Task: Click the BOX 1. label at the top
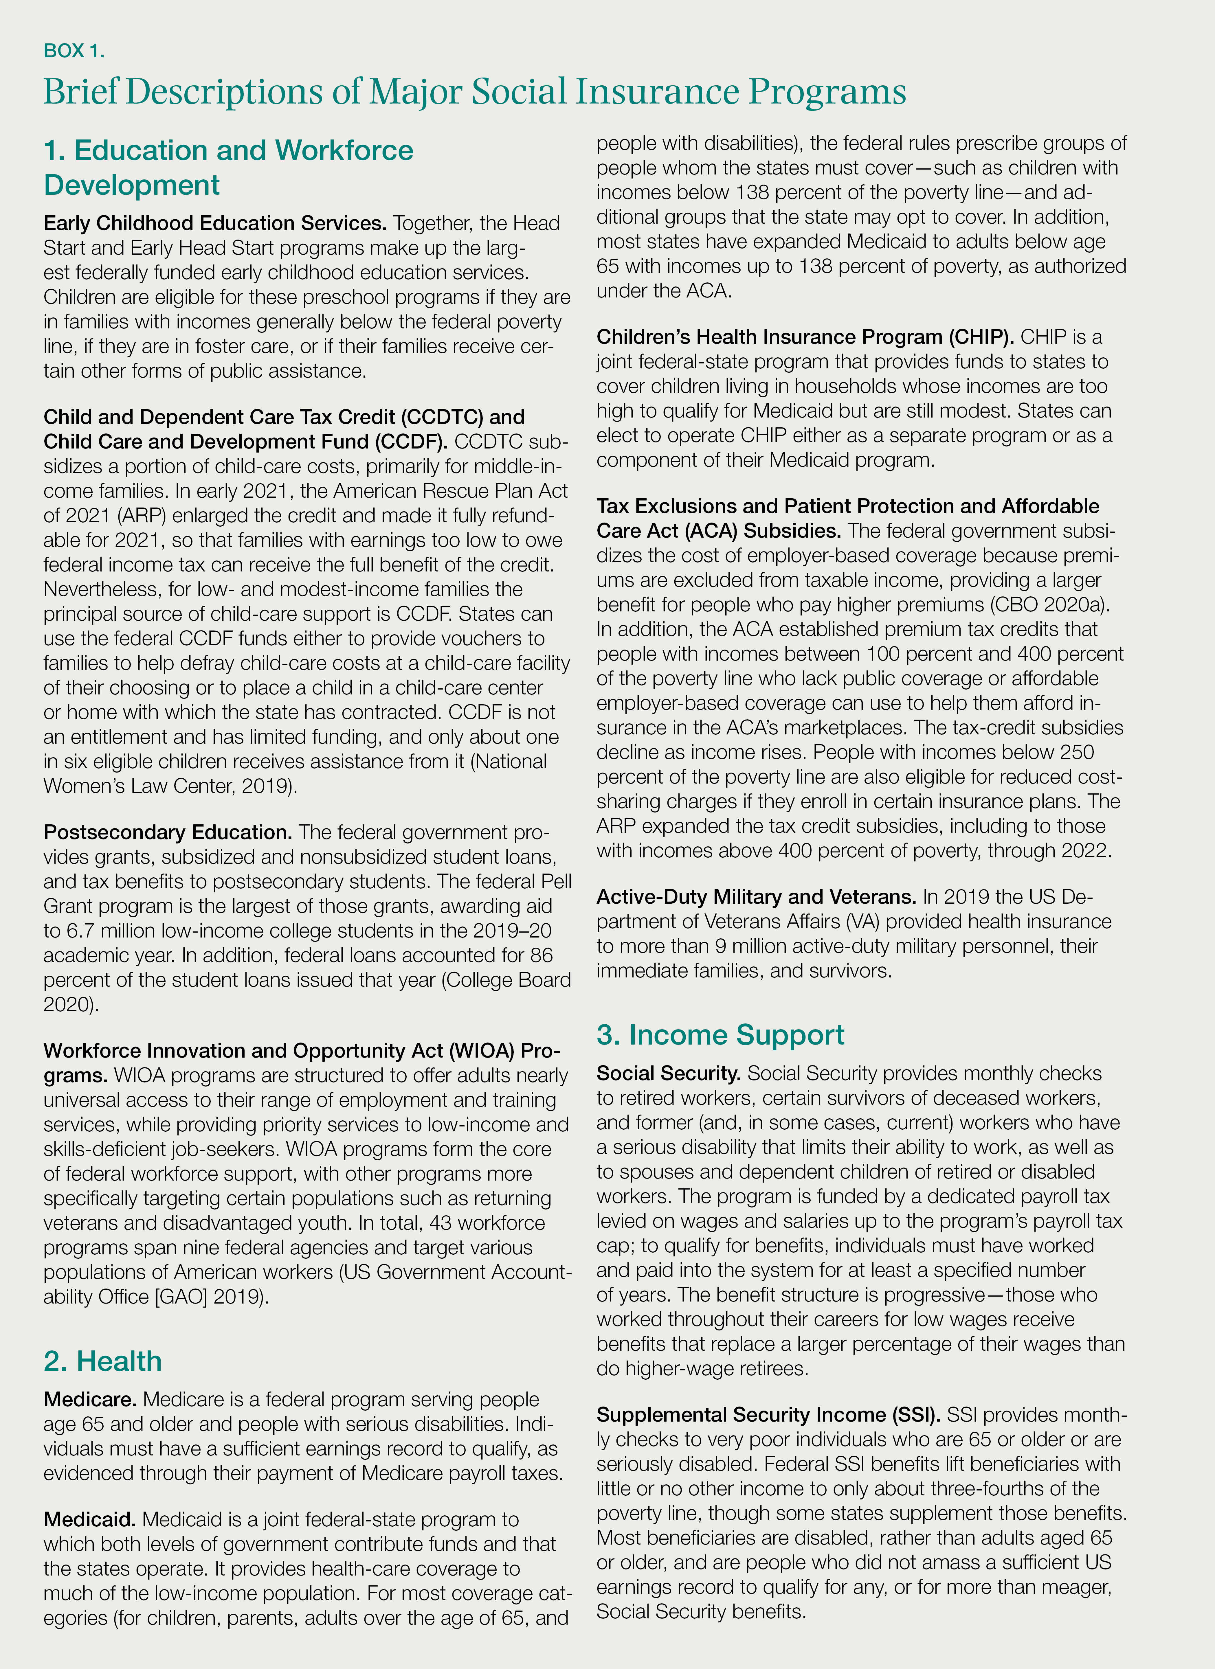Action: (74, 51)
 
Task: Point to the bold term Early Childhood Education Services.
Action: (215, 223)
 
